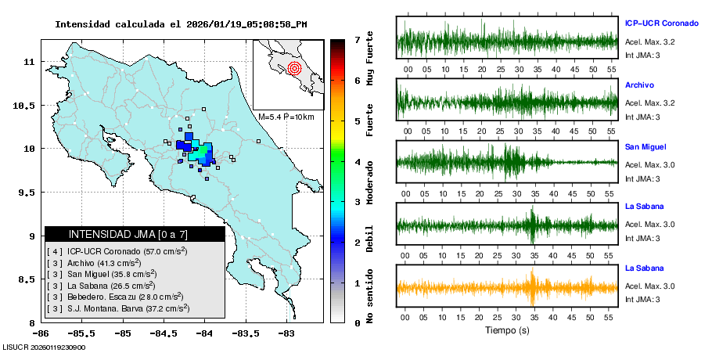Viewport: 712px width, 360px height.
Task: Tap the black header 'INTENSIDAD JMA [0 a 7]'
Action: (135, 234)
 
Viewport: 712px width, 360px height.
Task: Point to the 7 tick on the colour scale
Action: (357, 39)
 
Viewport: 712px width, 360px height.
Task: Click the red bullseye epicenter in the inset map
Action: (294, 68)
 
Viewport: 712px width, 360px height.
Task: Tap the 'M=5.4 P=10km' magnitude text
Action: (286, 117)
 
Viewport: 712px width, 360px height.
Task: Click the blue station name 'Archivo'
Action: (639, 85)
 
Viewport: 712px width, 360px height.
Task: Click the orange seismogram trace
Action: (507, 287)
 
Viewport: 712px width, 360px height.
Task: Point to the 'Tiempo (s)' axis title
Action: (507, 330)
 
